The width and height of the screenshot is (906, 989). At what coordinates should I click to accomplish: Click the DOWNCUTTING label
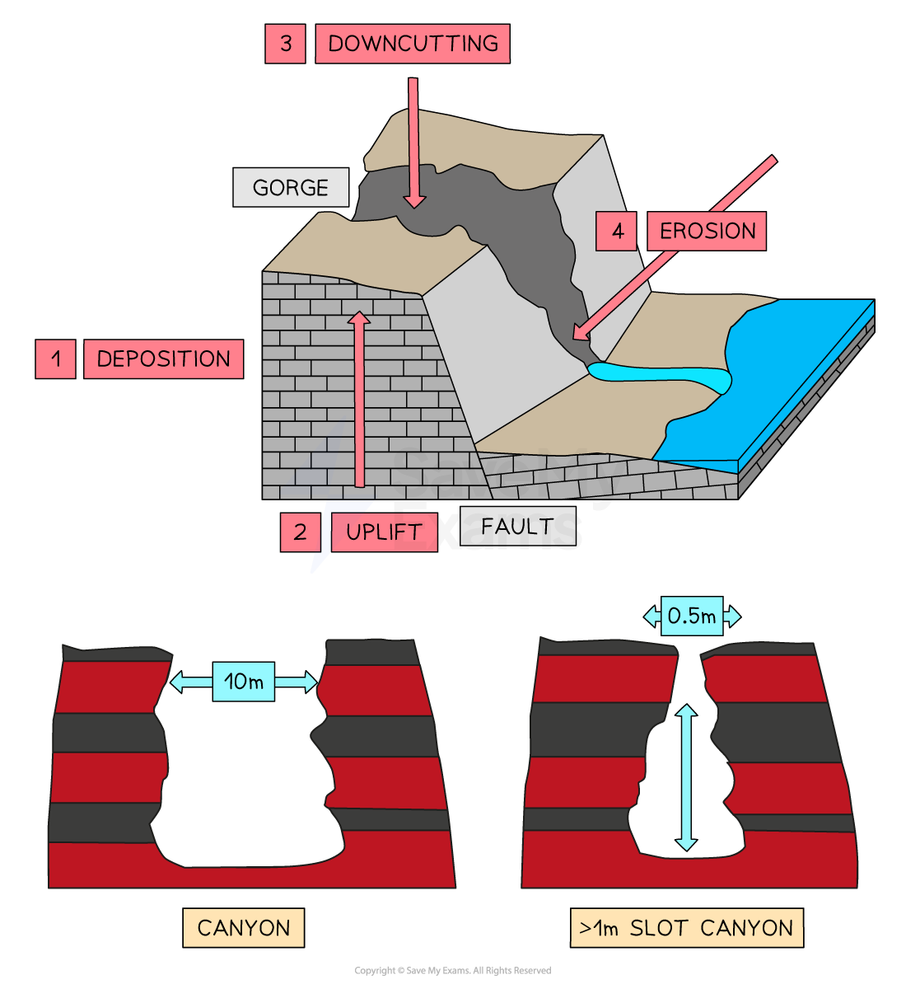[x=413, y=44]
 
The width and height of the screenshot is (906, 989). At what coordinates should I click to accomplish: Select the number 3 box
[x=285, y=44]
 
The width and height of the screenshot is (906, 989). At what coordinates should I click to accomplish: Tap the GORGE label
[x=291, y=187]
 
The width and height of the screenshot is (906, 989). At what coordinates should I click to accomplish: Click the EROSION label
[x=707, y=231]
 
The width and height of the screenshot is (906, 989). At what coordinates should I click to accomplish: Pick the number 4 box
[x=616, y=231]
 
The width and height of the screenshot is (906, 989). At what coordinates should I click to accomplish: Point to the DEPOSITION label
[x=164, y=359]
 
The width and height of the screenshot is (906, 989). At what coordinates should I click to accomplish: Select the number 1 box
[x=55, y=359]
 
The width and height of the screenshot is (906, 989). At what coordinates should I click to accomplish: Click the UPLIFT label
[x=385, y=532]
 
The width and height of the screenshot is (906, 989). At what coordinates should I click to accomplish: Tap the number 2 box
[x=300, y=532]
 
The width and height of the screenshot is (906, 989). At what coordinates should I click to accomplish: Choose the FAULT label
[x=517, y=526]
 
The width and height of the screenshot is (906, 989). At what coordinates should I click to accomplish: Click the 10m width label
[x=244, y=682]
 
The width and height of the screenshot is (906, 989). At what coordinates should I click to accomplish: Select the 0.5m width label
[x=692, y=616]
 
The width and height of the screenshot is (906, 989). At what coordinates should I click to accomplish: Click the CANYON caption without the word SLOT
[x=244, y=928]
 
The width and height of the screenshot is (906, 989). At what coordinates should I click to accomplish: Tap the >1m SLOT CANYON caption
[x=687, y=928]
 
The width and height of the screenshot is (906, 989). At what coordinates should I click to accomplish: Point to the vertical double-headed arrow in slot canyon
[x=686, y=777]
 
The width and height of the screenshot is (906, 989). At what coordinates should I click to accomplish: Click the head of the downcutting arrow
[x=414, y=201]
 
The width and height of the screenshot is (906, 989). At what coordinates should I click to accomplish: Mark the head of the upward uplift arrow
[x=358, y=318]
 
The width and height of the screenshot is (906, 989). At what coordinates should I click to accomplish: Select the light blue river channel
[x=660, y=376]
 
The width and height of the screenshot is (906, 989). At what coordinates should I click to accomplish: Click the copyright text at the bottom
[x=452, y=970]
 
